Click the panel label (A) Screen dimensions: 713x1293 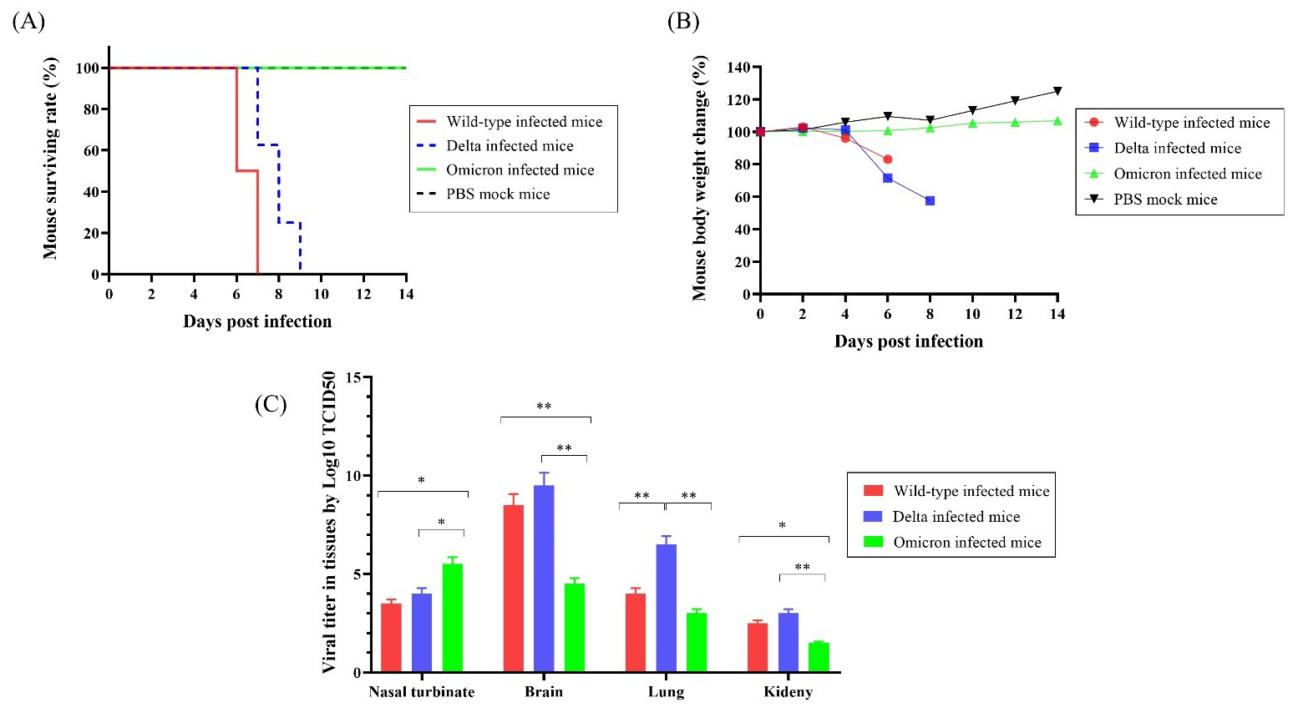pyautogui.click(x=28, y=21)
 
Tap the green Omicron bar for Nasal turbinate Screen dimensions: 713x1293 pyautogui.click(x=453, y=618)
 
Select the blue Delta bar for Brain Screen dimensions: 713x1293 pyautogui.click(x=544, y=579)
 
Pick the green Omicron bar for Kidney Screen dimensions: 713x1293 pyautogui.click(x=819, y=657)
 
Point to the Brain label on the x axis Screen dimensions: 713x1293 pyautogui.click(x=544, y=691)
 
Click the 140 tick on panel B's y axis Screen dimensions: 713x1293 pyautogui.click(x=739, y=67)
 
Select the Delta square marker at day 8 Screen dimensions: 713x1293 pyautogui.click(x=930, y=201)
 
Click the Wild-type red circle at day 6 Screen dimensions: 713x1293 pyautogui.click(x=887, y=159)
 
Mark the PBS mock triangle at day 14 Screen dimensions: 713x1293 pyautogui.click(x=1057, y=91)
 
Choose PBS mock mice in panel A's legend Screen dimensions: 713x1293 pyautogui.click(x=498, y=195)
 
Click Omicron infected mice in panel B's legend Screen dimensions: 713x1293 pyautogui.click(x=1187, y=174)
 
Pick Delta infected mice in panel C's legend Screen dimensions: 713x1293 pyautogui.click(x=956, y=517)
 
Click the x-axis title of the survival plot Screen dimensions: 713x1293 pyautogui.click(x=257, y=321)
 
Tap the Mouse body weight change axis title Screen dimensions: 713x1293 pyautogui.click(x=700, y=178)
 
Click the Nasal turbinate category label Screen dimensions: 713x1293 pyautogui.click(x=422, y=691)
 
